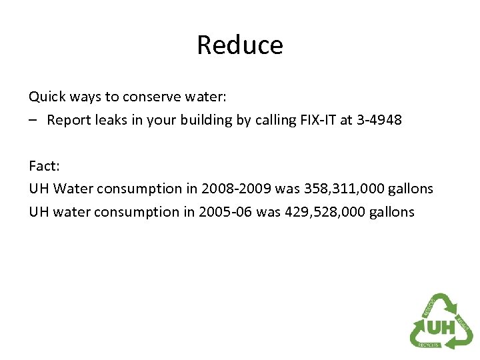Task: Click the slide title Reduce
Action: [240, 45]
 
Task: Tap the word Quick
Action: [46, 97]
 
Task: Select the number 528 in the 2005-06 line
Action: [333, 212]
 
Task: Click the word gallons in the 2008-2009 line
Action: [409, 189]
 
